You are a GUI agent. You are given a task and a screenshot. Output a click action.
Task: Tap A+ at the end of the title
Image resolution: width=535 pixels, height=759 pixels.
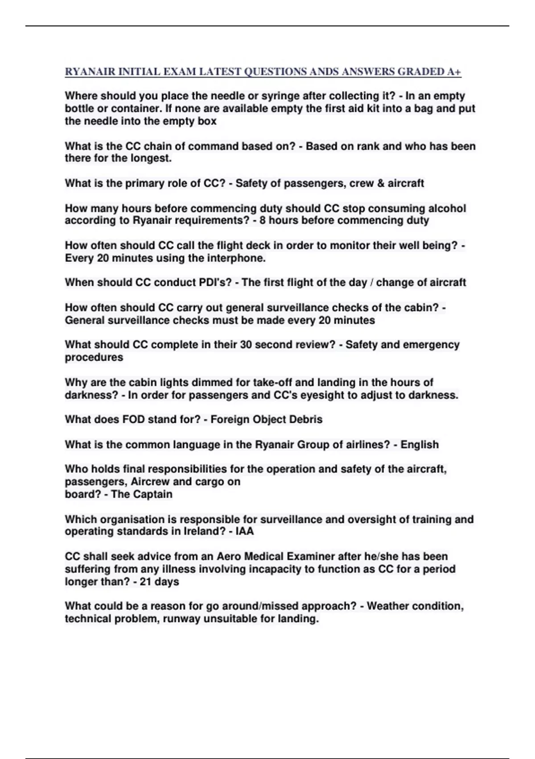(454, 72)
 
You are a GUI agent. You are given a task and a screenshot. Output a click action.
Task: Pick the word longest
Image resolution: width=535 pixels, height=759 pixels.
(152, 158)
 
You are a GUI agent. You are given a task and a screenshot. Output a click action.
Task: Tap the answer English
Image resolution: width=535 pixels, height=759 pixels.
(420, 445)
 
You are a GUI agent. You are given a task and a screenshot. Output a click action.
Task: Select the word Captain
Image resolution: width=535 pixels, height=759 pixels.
(152, 494)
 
